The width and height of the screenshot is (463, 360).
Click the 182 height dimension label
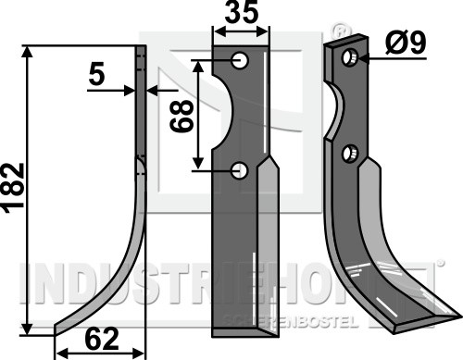coord(13,188)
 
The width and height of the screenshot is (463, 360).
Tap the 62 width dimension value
coord(102,339)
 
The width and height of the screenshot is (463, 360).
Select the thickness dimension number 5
coord(97,76)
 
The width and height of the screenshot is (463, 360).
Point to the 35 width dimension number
coord(241,12)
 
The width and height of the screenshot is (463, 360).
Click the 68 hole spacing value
coord(182,115)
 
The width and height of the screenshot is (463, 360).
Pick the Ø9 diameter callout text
coord(406,43)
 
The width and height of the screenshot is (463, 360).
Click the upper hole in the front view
coord(241,60)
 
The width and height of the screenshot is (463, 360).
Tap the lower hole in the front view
coord(240,171)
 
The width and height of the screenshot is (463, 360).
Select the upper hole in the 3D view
coord(351,57)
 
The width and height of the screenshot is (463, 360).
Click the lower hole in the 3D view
coord(350,154)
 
